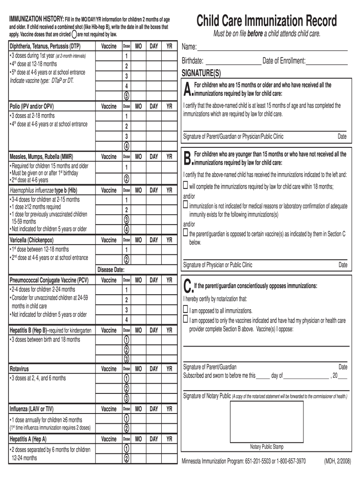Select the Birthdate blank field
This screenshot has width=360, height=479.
[x=233, y=61]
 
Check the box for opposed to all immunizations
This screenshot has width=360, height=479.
[x=186, y=310]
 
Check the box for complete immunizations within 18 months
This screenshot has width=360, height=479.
[x=186, y=186]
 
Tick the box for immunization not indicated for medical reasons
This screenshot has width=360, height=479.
[x=186, y=205]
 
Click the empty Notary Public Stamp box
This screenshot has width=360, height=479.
[x=266, y=421]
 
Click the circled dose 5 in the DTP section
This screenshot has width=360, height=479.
[x=126, y=96]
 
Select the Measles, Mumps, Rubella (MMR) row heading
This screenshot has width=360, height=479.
[x=41, y=157]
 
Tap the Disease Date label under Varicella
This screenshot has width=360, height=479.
[x=111, y=269]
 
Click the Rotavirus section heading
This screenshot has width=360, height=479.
[x=22, y=369]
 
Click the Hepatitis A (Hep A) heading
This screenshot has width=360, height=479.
[x=28, y=439]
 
